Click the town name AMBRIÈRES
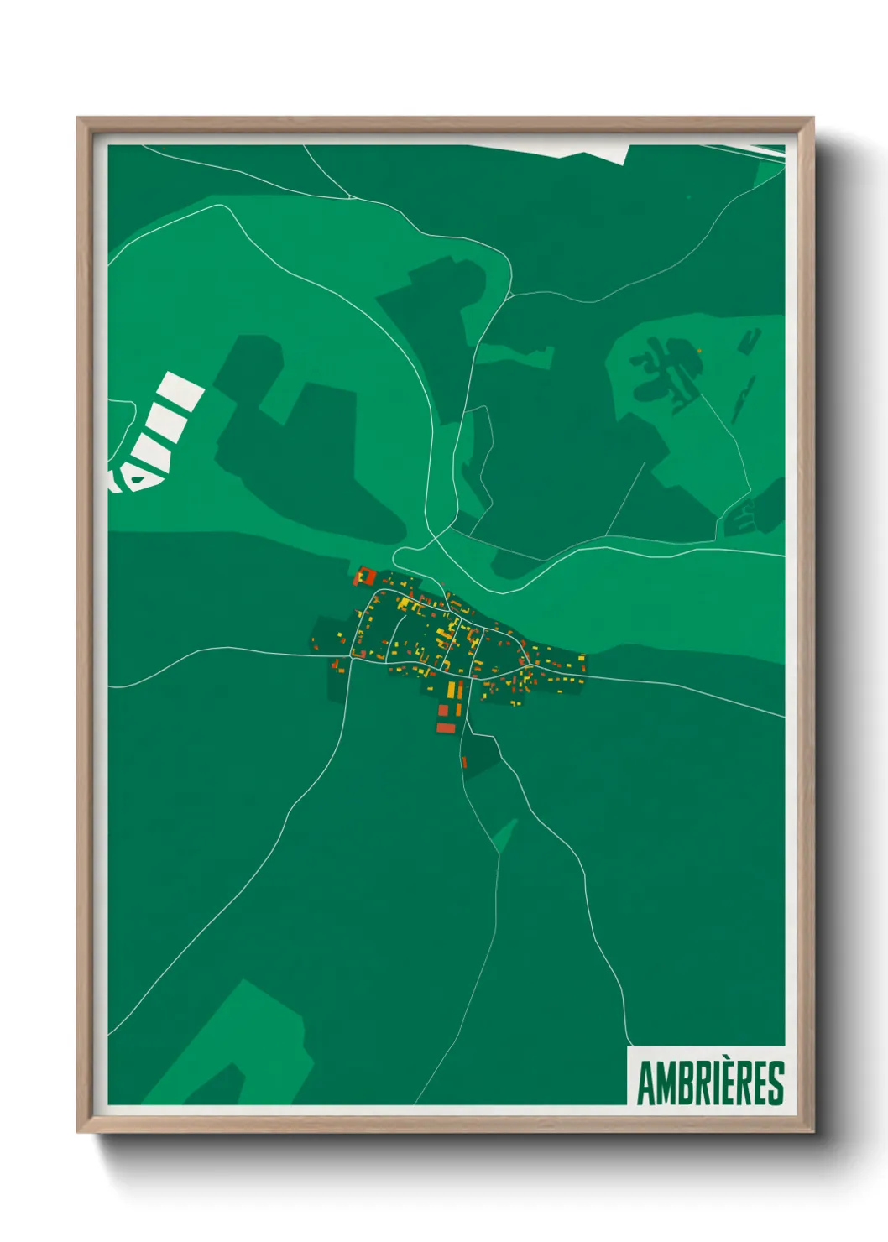[710, 1083]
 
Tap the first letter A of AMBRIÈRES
[646, 1083]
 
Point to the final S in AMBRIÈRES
[776, 1083]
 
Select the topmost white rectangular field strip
[181, 390]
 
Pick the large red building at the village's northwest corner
[364, 577]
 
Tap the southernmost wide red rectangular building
[446, 728]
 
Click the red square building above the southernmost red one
[444, 711]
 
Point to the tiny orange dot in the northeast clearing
[698, 351]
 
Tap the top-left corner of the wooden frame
[78, 119]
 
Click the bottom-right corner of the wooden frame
[812, 1132]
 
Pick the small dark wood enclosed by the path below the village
[481, 755]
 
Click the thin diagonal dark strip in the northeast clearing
[742, 399]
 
